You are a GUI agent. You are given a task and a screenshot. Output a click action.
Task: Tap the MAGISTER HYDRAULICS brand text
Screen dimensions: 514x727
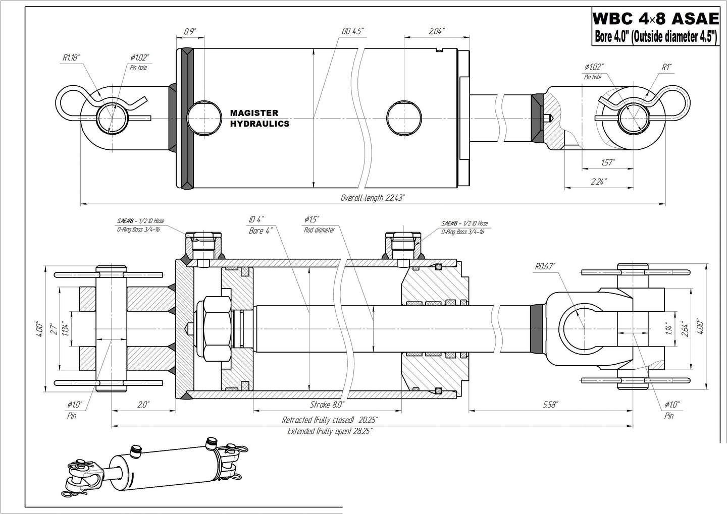(x=259, y=118)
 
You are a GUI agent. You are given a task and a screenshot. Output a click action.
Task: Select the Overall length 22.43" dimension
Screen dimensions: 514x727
(x=373, y=198)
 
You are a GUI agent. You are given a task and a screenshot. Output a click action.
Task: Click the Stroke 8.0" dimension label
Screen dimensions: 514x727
(x=327, y=405)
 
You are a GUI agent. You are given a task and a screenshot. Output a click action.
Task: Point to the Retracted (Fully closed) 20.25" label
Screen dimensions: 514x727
(x=330, y=420)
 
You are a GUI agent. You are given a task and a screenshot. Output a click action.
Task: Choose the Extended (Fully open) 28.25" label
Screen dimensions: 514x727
(x=330, y=431)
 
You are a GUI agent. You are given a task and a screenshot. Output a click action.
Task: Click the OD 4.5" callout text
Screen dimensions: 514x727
(x=352, y=31)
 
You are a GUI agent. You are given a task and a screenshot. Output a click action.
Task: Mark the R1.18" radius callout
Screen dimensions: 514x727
(x=72, y=58)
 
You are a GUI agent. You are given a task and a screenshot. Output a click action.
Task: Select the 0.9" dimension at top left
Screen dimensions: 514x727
(x=190, y=31)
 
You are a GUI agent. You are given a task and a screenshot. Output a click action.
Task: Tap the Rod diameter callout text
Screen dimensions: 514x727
(x=319, y=230)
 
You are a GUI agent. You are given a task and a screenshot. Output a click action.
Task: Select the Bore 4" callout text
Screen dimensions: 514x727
(x=261, y=230)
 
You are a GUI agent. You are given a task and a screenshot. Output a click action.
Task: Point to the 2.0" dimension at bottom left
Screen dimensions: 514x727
(x=143, y=405)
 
